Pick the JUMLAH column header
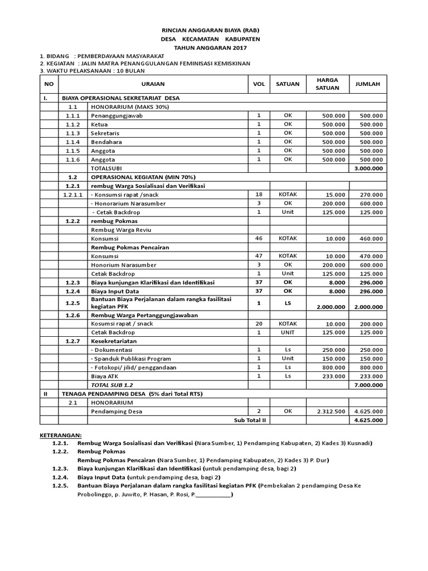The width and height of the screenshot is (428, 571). pos(367,84)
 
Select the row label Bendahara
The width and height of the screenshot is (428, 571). pos(106,142)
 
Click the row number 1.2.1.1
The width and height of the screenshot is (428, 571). pos(73,195)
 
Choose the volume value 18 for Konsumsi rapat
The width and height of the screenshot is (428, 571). pos(259,194)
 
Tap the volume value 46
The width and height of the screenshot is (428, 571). pos(259,238)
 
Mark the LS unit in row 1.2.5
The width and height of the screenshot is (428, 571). pos(288,303)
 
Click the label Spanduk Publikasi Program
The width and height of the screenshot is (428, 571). pos(131,359)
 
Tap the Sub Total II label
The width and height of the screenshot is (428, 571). pos(250,420)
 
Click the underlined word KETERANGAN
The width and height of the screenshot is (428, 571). pos(61,434)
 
